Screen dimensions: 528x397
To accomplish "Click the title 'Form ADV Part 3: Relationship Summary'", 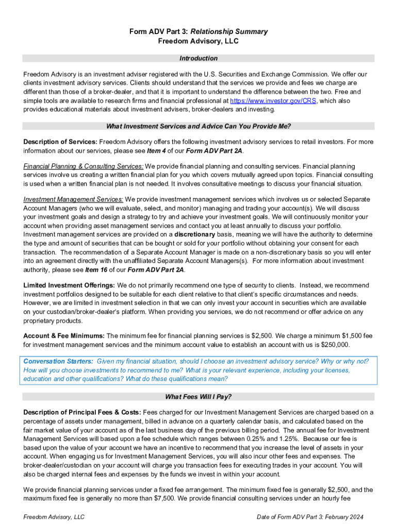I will point(198,31).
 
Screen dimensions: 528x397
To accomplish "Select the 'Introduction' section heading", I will point(198,58).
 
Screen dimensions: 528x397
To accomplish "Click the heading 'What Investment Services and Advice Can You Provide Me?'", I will point(198,126).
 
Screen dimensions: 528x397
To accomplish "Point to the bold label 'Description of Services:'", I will point(60,142).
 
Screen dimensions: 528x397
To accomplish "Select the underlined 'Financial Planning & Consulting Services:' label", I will point(84,167).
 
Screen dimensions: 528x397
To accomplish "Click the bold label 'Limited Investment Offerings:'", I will point(69,285).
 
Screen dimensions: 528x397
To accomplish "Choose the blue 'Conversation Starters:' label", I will point(58,361).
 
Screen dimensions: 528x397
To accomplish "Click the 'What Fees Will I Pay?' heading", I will point(198,397).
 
